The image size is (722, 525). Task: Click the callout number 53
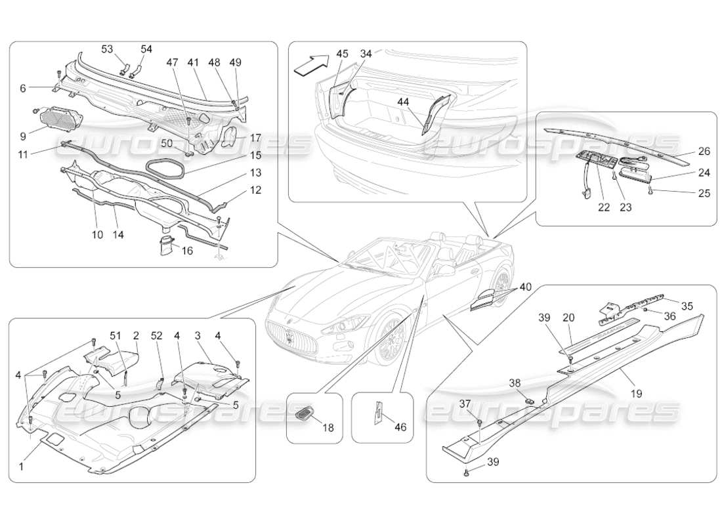(x=106, y=50)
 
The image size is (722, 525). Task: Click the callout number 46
(x=400, y=427)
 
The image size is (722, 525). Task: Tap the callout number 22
(x=604, y=207)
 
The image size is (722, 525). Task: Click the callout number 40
(x=525, y=287)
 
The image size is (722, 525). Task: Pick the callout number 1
(x=22, y=467)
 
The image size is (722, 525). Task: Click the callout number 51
(x=116, y=335)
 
